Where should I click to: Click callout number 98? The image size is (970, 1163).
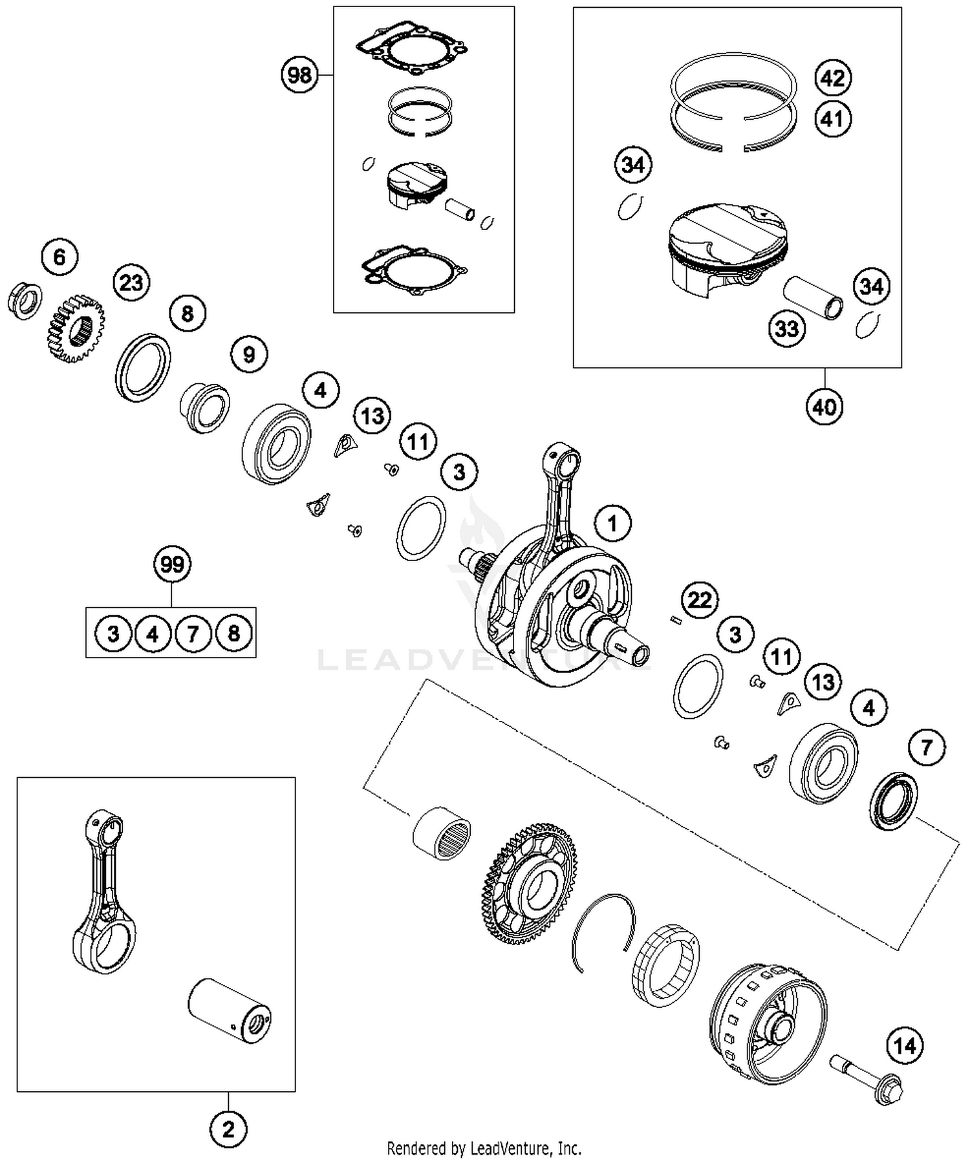(299, 75)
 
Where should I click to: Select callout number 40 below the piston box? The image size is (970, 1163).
(824, 407)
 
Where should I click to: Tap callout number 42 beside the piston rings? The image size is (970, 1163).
(832, 78)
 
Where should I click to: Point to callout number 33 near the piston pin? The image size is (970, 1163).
(786, 328)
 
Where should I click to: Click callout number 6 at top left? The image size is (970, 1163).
(59, 257)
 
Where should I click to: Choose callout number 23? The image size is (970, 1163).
(131, 283)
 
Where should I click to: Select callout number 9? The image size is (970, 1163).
(249, 354)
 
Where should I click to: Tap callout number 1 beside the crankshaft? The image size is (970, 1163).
(612, 523)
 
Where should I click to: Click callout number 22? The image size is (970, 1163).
(700, 601)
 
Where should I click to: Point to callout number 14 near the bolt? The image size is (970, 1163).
(904, 1045)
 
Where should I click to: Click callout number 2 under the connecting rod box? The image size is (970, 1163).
(228, 1130)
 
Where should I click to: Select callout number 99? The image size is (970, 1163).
(172, 564)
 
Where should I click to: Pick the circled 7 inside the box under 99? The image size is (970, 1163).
(193, 634)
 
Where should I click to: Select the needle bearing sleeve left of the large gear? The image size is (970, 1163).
(442, 833)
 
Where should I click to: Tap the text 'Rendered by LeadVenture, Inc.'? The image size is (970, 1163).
(484, 1148)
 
